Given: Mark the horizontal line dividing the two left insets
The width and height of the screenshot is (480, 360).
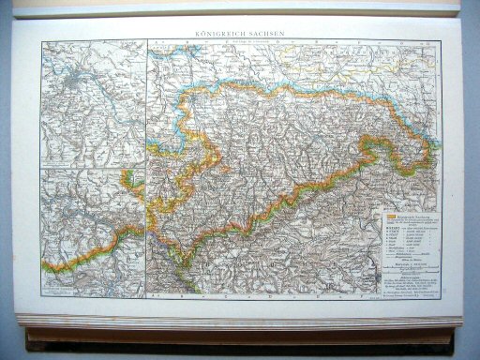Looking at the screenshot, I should pos(94,168).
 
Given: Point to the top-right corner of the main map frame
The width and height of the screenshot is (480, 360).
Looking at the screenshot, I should pos(438,40).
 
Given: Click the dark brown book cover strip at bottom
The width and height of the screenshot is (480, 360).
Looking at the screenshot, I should pos(234,334).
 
